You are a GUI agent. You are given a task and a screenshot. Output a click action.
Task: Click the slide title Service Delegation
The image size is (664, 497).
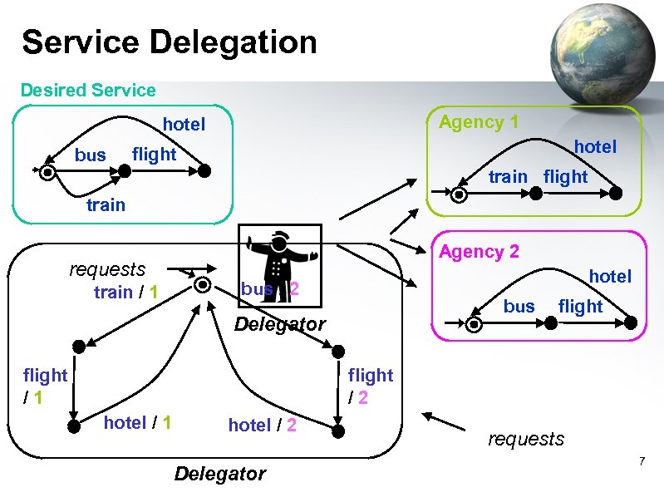(170, 42)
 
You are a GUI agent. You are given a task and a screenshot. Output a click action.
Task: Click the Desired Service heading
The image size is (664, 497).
(88, 90)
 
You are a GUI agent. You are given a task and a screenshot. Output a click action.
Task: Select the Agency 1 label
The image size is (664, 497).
(479, 122)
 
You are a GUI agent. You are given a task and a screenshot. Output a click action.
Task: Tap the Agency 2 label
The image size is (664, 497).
(479, 251)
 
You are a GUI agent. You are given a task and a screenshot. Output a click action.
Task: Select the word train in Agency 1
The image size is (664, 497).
(508, 176)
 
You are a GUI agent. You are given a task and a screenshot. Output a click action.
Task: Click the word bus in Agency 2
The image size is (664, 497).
(519, 306)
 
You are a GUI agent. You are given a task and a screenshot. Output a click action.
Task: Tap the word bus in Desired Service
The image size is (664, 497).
(91, 155)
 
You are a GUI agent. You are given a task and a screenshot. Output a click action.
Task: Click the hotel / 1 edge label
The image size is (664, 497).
(137, 422)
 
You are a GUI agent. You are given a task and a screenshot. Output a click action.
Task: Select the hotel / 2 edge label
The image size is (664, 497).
(263, 425)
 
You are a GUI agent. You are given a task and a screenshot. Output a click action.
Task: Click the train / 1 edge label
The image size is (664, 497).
(126, 292)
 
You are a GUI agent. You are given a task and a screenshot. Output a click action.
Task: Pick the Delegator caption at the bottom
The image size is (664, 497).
(220, 474)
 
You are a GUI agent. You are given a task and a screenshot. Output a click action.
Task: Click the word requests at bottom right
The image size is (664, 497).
(526, 439)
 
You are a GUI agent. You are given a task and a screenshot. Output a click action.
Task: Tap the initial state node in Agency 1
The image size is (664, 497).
(460, 194)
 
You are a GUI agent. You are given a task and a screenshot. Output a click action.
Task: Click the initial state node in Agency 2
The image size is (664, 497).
(475, 324)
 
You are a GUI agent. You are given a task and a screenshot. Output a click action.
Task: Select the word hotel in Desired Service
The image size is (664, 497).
(184, 124)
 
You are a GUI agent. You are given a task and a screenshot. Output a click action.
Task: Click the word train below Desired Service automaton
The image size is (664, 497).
(106, 204)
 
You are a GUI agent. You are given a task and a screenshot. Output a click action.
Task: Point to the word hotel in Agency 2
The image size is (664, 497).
(610, 276)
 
